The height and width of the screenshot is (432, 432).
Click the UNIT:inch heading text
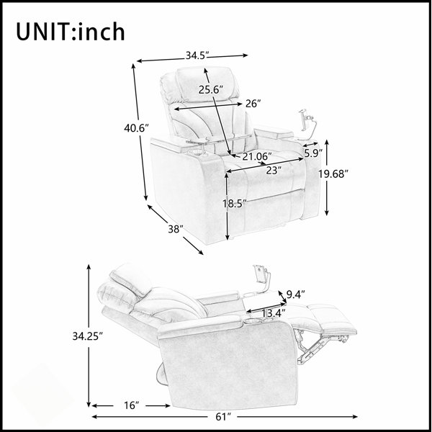71,32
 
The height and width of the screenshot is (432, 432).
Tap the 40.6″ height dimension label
136,128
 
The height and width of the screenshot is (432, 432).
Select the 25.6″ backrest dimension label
211,89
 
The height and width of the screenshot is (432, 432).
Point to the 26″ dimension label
253,104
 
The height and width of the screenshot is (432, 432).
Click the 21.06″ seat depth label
257,156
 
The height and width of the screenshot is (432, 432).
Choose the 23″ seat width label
274,171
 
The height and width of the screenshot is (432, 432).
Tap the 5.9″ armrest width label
313,153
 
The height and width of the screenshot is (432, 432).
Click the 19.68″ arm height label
333,174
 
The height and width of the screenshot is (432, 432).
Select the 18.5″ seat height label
234,204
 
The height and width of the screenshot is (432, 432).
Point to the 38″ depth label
176,229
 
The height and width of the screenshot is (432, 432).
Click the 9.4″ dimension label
296,294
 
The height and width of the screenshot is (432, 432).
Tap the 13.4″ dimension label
273,313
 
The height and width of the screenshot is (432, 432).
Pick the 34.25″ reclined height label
88,336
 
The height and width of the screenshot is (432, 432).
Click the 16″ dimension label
132,405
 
